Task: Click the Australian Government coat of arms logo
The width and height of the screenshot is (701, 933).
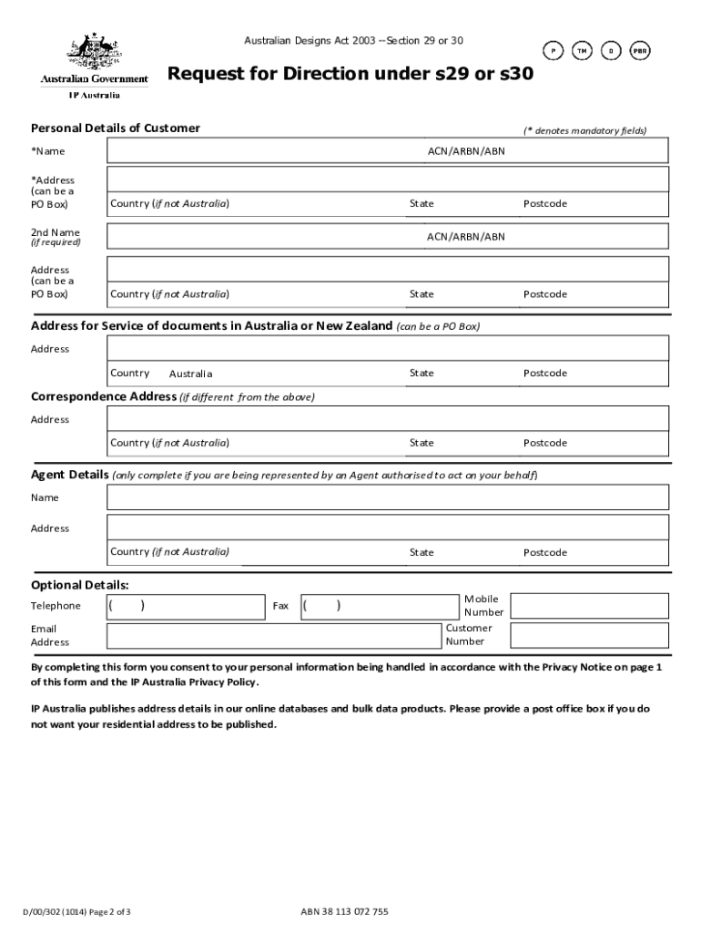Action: (x=93, y=53)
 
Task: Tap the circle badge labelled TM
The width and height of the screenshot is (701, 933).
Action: (x=581, y=51)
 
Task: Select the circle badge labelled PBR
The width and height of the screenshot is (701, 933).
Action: (x=641, y=51)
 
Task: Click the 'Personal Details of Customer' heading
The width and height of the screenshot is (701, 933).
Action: (x=116, y=128)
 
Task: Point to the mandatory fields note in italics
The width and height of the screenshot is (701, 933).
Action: (x=584, y=131)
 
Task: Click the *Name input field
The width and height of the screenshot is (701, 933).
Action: (x=264, y=151)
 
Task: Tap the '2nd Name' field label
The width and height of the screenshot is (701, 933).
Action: (x=56, y=232)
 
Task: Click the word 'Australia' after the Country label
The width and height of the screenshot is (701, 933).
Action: (x=190, y=374)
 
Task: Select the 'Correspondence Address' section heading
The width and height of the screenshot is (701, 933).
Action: (x=104, y=397)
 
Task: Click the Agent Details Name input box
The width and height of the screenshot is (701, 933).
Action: (x=388, y=497)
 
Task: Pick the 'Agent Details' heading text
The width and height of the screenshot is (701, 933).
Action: (x=70, y=475)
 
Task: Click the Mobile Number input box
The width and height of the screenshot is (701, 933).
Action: (x=589, y=606)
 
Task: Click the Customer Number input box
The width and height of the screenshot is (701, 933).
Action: (x=589, y=635)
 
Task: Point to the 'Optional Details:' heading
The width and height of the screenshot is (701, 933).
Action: (x=80, y=584)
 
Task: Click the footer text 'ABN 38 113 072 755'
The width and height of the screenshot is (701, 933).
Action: (x=344, y=912)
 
